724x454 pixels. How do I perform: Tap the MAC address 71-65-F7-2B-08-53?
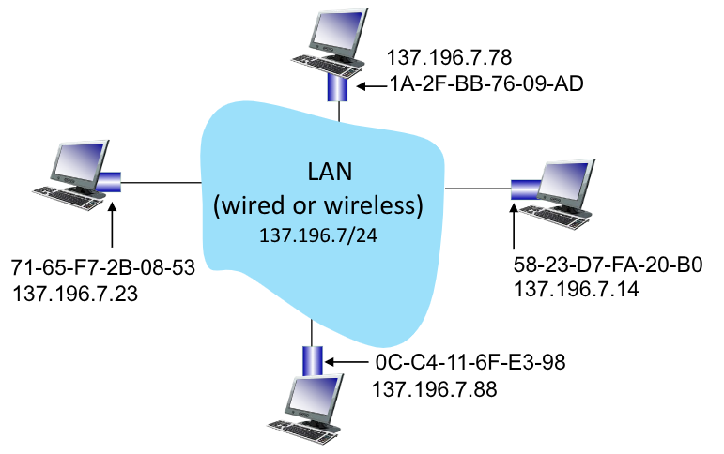click(104, 268)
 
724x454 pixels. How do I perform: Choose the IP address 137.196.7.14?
click(577, 290)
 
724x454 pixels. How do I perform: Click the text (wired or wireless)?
click(318, 202)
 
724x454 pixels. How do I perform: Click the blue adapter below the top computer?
click(337, 87)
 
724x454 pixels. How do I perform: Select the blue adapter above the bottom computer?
click(312, 359)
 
